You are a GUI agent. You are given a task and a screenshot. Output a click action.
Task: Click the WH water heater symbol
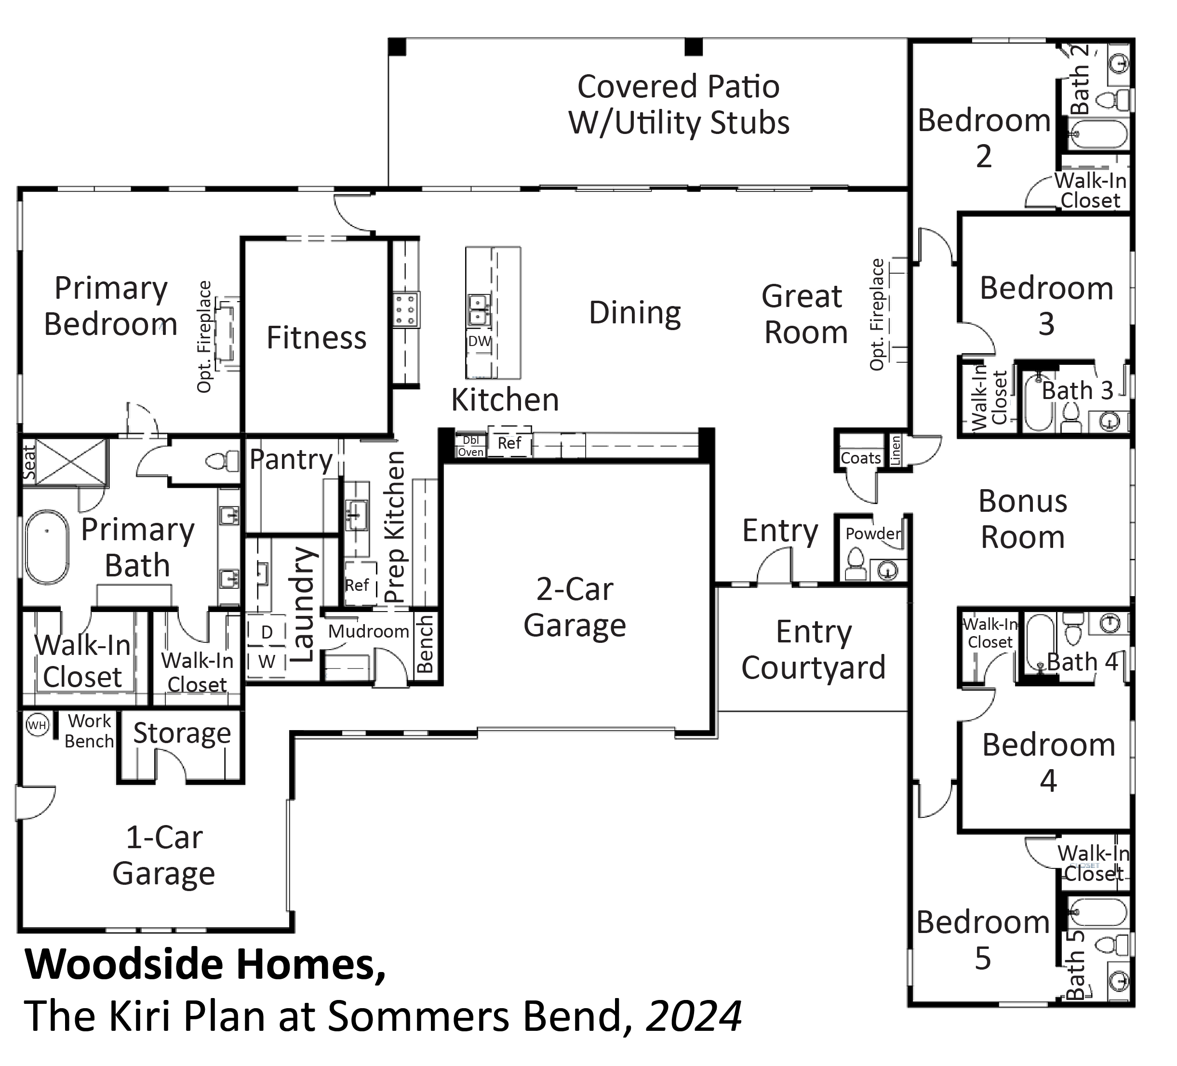click(x=38, y=725)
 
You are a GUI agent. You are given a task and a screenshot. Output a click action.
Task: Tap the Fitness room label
click(x=317, y=337)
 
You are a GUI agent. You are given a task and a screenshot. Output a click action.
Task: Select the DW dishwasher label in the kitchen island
click(x=479, y=341)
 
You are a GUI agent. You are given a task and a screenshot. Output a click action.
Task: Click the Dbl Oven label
click(x=470, y=446)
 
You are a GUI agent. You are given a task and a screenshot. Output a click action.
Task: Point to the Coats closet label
click(x=860, y=458)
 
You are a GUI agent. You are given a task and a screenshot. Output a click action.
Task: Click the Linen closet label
click(x=896, y=451)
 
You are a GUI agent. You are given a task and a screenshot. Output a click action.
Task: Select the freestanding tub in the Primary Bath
click(x=47, y=547)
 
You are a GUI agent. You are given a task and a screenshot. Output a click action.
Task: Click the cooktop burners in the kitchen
click(x=405, y=309)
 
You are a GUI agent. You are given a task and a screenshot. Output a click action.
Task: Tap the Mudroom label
click(x=368, y=631)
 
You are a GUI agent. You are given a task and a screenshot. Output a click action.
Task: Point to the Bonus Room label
click(x=1023, y=519)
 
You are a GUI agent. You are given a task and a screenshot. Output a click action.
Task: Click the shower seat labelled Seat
click(x=29, y=462)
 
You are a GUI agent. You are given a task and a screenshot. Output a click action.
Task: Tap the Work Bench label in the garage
click(x=89, y=731)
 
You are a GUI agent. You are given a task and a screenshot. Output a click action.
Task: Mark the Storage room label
click(x=182, y=733)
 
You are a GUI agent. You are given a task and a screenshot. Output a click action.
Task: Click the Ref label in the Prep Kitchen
click(x=357, y=585)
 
